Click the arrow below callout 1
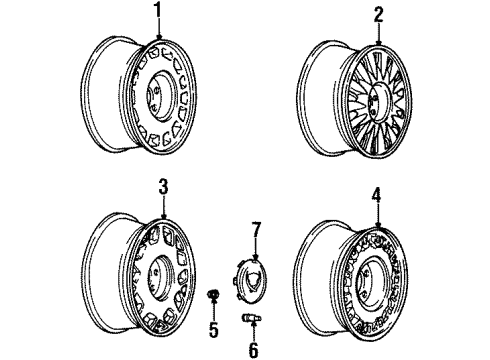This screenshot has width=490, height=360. (x=158, y=38)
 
